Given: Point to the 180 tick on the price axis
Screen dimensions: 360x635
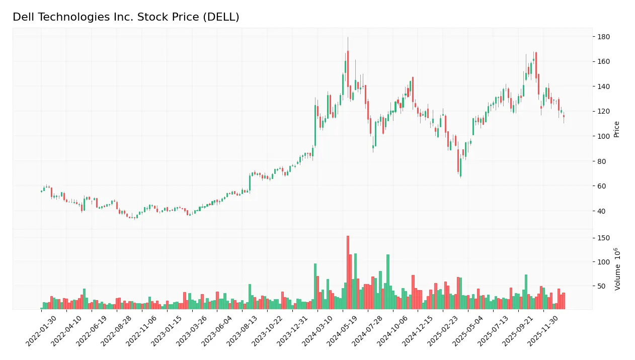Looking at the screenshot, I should (x=603, y=37).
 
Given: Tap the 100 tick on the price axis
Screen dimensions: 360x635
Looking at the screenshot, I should (x=603, y=136).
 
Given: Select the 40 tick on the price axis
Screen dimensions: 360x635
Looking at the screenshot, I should (x=602, y=211).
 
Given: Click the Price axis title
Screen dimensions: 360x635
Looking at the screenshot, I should (x=616, y=129).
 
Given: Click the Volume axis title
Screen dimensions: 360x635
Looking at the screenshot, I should (x=617, y=269).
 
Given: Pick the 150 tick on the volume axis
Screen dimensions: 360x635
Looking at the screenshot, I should (x=603, y=238).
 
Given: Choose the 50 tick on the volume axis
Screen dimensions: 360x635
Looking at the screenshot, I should (x=602, y=286).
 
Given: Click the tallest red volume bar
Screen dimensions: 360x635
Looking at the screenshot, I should (x=348, y=273).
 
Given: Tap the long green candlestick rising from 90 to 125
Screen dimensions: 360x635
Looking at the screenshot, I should (x=315, y=126).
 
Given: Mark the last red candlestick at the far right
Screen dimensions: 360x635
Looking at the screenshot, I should (x=564, y=116).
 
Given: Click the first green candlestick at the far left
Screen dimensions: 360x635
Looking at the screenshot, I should (x=41, y=191).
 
